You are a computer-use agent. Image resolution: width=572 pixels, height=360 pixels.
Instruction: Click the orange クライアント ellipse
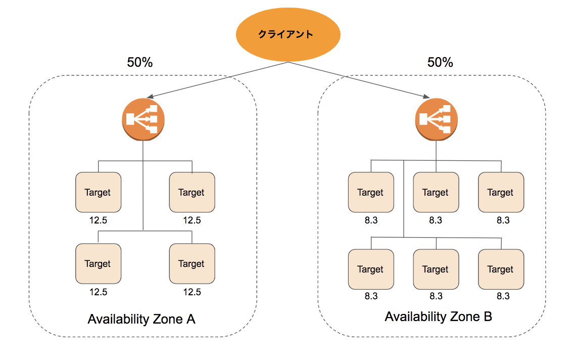pos(288,35)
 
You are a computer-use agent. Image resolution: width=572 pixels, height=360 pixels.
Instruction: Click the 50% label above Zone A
pos(140,62)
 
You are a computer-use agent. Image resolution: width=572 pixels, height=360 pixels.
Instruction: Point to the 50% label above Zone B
pos(440,62)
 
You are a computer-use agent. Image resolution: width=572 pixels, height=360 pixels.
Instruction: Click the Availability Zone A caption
pos(141,320)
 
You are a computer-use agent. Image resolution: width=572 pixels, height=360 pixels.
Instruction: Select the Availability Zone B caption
pos(438,317)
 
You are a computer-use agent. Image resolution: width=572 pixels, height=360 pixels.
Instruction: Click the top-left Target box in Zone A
pos(98,192)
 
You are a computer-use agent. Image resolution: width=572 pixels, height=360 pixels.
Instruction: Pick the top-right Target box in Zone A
pos(192,192)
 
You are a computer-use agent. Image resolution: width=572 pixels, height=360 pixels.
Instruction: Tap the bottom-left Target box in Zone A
pos(98,263)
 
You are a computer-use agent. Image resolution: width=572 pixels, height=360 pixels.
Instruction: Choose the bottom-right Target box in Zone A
pos(192,263)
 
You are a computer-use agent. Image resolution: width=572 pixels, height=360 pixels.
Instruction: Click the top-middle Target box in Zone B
pos(436,192)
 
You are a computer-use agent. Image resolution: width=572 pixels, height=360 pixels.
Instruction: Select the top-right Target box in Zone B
pos(501,192)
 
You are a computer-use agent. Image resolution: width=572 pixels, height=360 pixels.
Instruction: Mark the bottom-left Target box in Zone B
pos(370,269)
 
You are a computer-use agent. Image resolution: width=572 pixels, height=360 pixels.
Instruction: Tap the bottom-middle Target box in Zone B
pos(436,269)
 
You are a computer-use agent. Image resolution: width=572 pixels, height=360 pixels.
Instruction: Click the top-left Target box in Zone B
pos(370,192)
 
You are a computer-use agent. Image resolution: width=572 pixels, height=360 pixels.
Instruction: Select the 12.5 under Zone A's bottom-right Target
pos(192,292)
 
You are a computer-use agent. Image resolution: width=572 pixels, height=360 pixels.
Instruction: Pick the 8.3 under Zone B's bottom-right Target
pos(502,296)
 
